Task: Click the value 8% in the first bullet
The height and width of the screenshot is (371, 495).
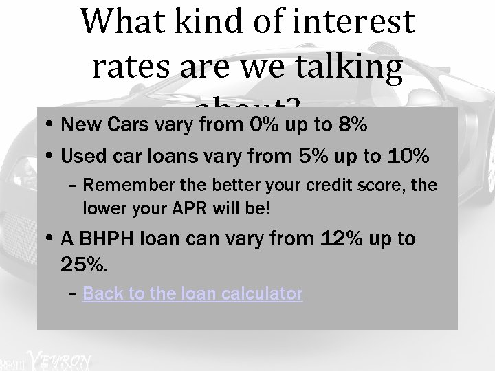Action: pyautogui.click(x=352, y=126)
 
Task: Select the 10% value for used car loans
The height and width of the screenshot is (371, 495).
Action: pyautogui.click(x=409, y=157)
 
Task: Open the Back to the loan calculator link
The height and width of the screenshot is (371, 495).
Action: pyautogui.click(x=192, y=294)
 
